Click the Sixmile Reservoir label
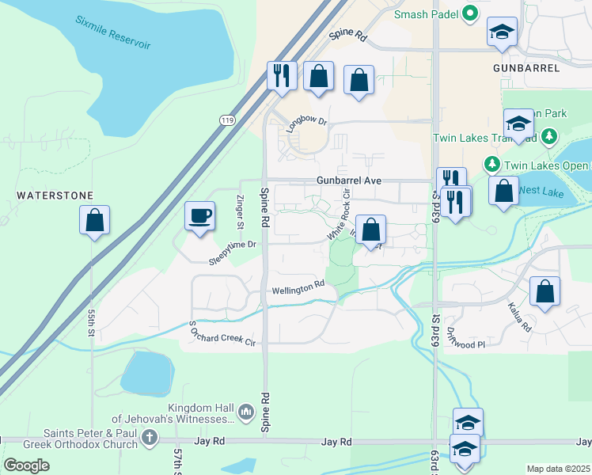tap(113, 32)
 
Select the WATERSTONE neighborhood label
tap(55, 196)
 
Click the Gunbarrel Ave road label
tap(349, 180)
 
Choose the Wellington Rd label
tap(298, 290)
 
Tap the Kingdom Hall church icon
tap(245, 412)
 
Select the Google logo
tap(26, 465)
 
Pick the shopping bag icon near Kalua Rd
tap(545, 291)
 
